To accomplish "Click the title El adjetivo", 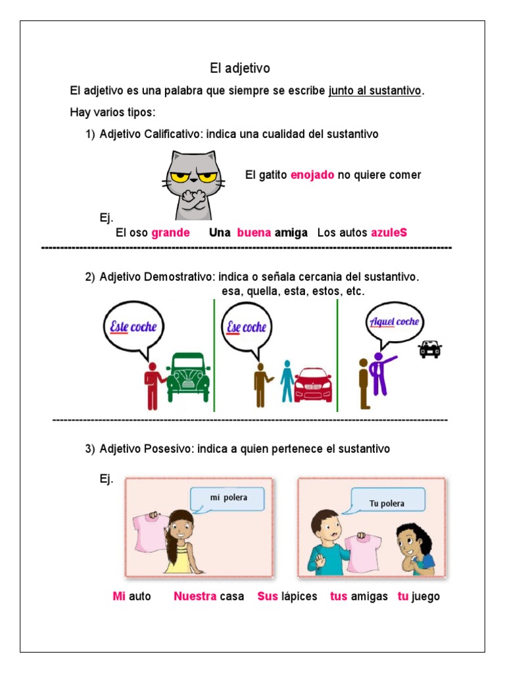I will point(239,68).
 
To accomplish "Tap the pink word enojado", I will point(312,175).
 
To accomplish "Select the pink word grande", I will point(170,233).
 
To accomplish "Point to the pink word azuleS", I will point(389,233).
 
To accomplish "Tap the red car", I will point(313,383).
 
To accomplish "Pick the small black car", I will point(430,349).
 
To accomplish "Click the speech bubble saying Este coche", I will point(133,326).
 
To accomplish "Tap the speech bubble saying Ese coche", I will point(246,327).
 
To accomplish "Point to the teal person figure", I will point(286,381).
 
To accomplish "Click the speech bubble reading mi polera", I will point(228,498).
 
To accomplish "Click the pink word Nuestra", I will point(195,597).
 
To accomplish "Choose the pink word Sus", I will point(268,597).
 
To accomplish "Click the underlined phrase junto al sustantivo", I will point(375,91).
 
